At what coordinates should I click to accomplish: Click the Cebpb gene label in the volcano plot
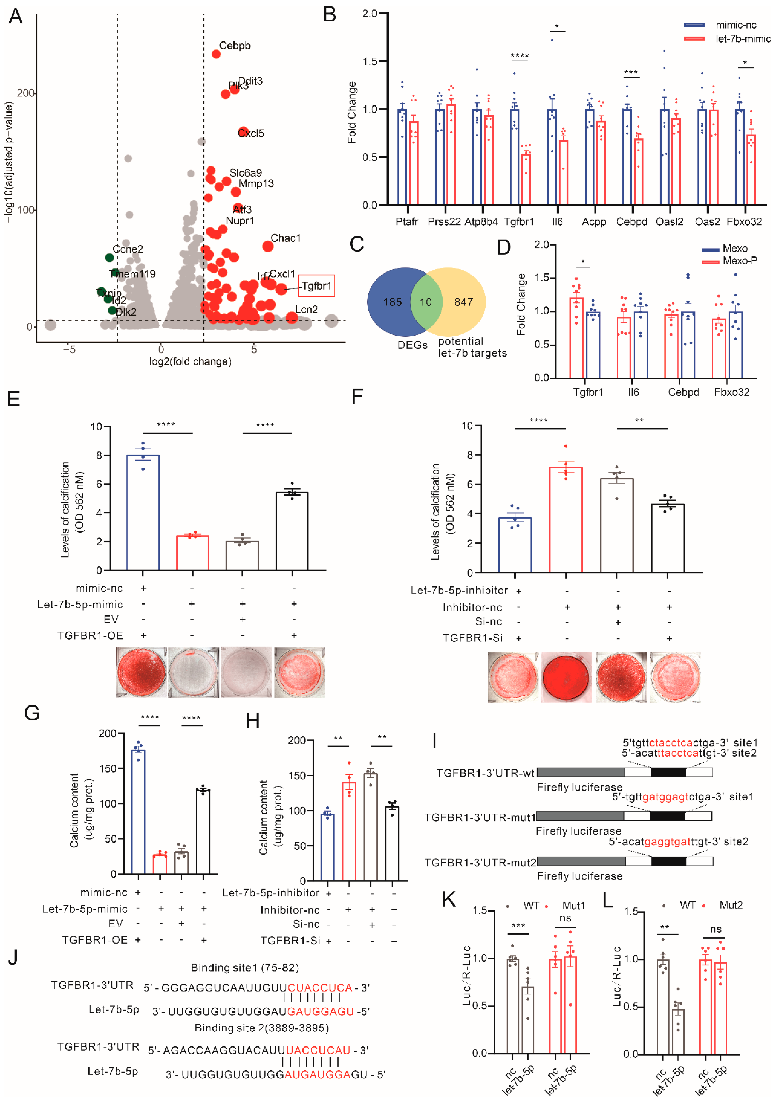pos(235,45)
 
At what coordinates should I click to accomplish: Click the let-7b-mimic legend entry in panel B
pos(743,39)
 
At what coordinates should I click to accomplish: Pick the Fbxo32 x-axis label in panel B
pos(744,222)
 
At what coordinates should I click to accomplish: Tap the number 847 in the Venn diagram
pos(464,302)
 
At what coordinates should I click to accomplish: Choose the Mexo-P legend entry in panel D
pos(740,261)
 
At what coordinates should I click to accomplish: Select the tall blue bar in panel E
pos(143,512)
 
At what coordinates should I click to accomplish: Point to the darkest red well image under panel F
pos(566,677)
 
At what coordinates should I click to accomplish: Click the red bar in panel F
pos(566,519)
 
